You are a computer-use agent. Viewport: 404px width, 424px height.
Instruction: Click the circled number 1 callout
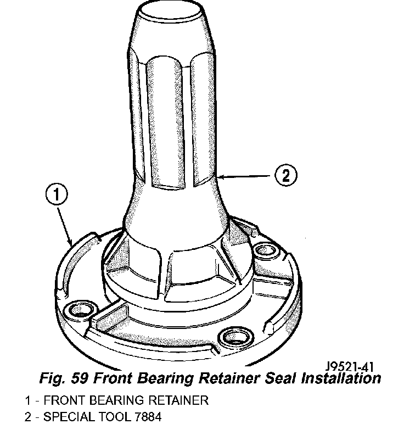coord(57,194)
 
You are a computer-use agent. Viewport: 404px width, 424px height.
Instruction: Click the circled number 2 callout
coord(285,175)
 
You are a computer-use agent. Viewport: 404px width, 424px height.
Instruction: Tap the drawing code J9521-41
coord(350,367)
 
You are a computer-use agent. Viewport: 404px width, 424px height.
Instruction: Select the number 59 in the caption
coord(80,378)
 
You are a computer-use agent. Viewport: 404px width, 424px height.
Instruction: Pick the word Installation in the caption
coord(341,378)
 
